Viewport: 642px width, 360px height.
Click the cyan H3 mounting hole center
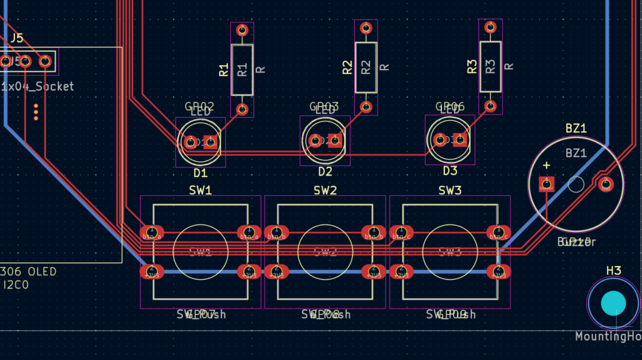tap(613, 304)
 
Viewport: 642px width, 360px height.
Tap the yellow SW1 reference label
tap(200, 189)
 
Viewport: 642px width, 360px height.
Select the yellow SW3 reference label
tap(450, 189)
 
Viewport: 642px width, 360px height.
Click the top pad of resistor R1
tap(241, 29)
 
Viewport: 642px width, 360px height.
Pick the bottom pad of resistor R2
tap(366, 107)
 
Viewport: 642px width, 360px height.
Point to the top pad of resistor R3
tap(490, 27)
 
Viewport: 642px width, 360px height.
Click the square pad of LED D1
tap(211, 141)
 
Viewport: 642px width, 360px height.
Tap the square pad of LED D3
tap(460, 140)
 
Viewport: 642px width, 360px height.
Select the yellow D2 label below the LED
tap(325, 171)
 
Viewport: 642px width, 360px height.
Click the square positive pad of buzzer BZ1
tap(547, 184)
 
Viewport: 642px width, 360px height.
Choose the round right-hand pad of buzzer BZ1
tap(606, 184)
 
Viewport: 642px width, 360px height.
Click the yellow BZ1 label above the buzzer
tap(576, 129)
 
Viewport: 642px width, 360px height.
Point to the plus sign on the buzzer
tap(547, 166)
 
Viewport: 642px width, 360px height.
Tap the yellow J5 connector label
tap(16, 38)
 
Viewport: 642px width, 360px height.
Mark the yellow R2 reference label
tap(348, 68)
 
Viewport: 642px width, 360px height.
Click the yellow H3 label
tap(613, 270)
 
